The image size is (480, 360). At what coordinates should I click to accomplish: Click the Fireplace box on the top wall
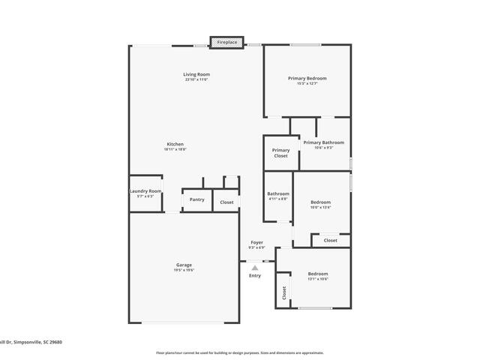tap(226, 42)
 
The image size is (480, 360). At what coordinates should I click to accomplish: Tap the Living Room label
tap(196, 74)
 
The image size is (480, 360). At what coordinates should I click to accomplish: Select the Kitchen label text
tap(175, 144)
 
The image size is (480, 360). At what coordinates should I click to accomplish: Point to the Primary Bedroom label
tap(307, 78)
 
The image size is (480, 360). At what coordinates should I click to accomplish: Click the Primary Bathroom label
tap(323, 142)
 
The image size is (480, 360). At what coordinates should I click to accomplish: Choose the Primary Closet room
tap(280, 153)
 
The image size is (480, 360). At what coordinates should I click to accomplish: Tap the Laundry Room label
tap(145, 191)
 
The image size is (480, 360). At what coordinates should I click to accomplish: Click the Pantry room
tap(196, 199)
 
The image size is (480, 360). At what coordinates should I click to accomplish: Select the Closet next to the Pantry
tap(226, 202)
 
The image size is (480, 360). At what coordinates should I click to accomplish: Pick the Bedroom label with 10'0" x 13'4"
tap(320, 202)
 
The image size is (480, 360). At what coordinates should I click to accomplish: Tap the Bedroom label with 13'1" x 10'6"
tap(318, 274)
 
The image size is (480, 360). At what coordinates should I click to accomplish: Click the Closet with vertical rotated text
tap(284, 295)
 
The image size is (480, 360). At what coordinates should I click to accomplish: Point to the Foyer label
tap(256, 243)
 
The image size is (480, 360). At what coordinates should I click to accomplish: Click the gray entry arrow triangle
tap(255, 267)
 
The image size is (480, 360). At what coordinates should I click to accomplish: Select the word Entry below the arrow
tap(255, 275)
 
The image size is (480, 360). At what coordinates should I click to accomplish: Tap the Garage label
tap(184, 265)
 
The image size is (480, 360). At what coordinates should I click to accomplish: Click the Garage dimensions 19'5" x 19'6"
tap(184, 270)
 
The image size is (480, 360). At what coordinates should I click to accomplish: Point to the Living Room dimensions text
tap(196, 79)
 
